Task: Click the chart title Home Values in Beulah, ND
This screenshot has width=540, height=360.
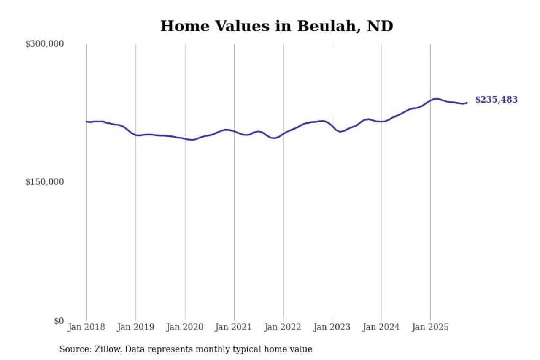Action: [x=277, y=26]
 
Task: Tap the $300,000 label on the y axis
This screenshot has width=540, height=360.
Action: [x=45, y=44]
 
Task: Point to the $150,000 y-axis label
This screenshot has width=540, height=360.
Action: [x=45, y=182]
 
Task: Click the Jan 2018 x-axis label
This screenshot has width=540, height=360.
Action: [x=86, y=327]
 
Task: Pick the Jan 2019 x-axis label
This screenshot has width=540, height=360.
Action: [x=136, y=327]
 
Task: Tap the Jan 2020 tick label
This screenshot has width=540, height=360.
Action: [x=185, y=327]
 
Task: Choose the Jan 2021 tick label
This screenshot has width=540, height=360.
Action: [x=234, y=327]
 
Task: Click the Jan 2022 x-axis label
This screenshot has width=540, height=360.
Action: [x=283, y=327]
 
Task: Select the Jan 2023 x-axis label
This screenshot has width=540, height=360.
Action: [x=332, y=327]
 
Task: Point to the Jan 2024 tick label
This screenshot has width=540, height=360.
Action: [x=381, y=327]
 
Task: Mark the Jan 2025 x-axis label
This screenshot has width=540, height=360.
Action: [x=430, y=327]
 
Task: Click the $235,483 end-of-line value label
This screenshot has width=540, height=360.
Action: [x=496, y=100]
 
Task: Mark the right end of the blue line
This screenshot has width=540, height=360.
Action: [x=467, y=103]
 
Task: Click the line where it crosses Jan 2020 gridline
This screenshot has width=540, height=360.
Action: [x=185, y=139]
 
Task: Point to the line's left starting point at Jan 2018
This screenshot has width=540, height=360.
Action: [x=86, y=122]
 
